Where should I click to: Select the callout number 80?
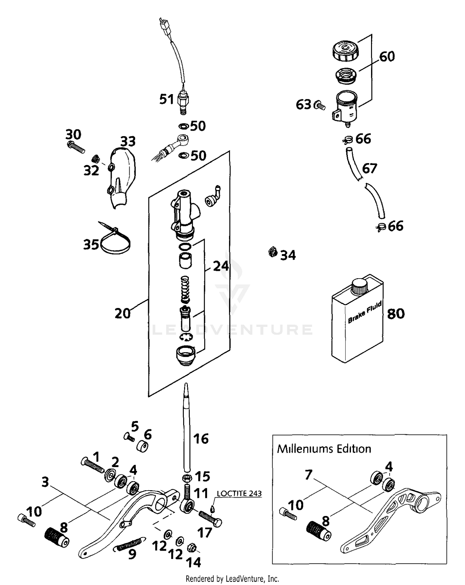point(396,314)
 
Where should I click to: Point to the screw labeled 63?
point(320,106)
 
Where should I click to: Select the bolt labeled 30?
point(76,147)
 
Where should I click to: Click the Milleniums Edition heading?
point(324,449)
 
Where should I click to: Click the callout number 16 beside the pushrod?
point(201,439)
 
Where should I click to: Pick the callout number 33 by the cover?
point(128,141)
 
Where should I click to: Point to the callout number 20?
point(123,314)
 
